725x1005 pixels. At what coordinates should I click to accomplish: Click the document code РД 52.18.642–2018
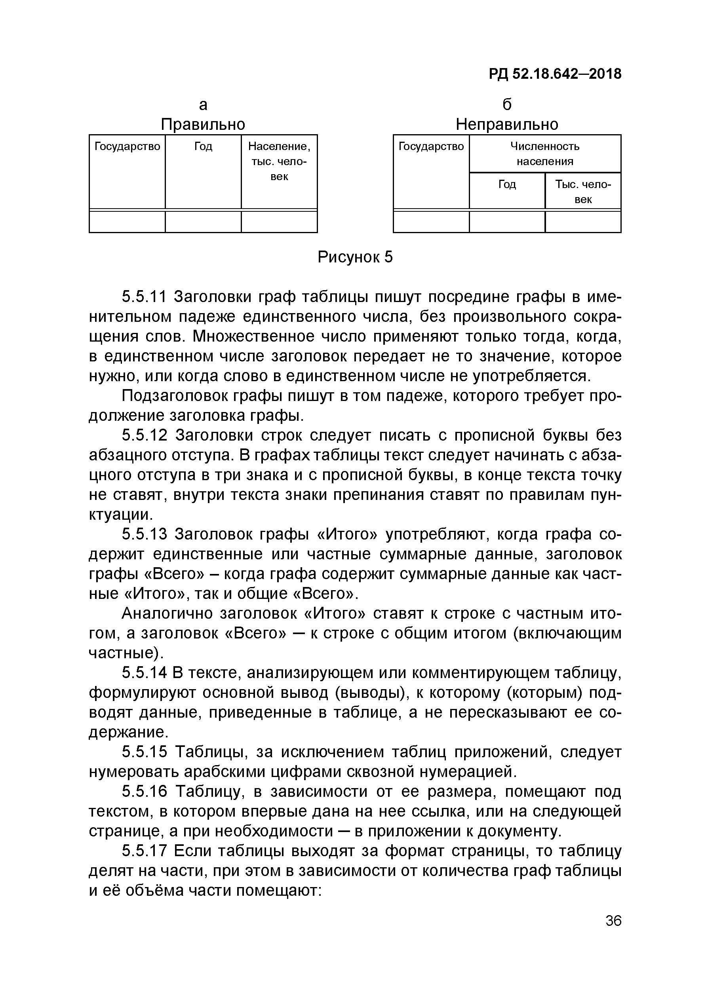555,74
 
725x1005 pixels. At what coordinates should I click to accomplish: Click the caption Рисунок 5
355,257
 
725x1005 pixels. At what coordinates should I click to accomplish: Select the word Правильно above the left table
203,124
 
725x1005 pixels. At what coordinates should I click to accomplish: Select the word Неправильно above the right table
507,124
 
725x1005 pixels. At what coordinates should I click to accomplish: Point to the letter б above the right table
507,104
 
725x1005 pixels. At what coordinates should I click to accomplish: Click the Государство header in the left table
127,146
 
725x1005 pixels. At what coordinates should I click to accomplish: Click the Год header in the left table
203,146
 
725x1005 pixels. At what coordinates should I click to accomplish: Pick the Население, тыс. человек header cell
279,161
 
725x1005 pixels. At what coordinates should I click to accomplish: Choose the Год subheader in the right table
507,184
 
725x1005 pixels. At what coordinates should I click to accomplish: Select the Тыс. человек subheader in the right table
583,192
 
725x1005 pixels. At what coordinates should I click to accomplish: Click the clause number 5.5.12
145,435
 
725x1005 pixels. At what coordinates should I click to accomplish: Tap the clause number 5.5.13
144,534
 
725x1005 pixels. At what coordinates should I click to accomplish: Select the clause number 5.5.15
145,752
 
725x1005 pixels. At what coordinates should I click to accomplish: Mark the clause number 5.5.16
145,791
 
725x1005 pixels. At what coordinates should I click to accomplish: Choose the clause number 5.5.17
144,851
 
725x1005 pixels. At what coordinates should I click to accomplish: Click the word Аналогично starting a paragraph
166,613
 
